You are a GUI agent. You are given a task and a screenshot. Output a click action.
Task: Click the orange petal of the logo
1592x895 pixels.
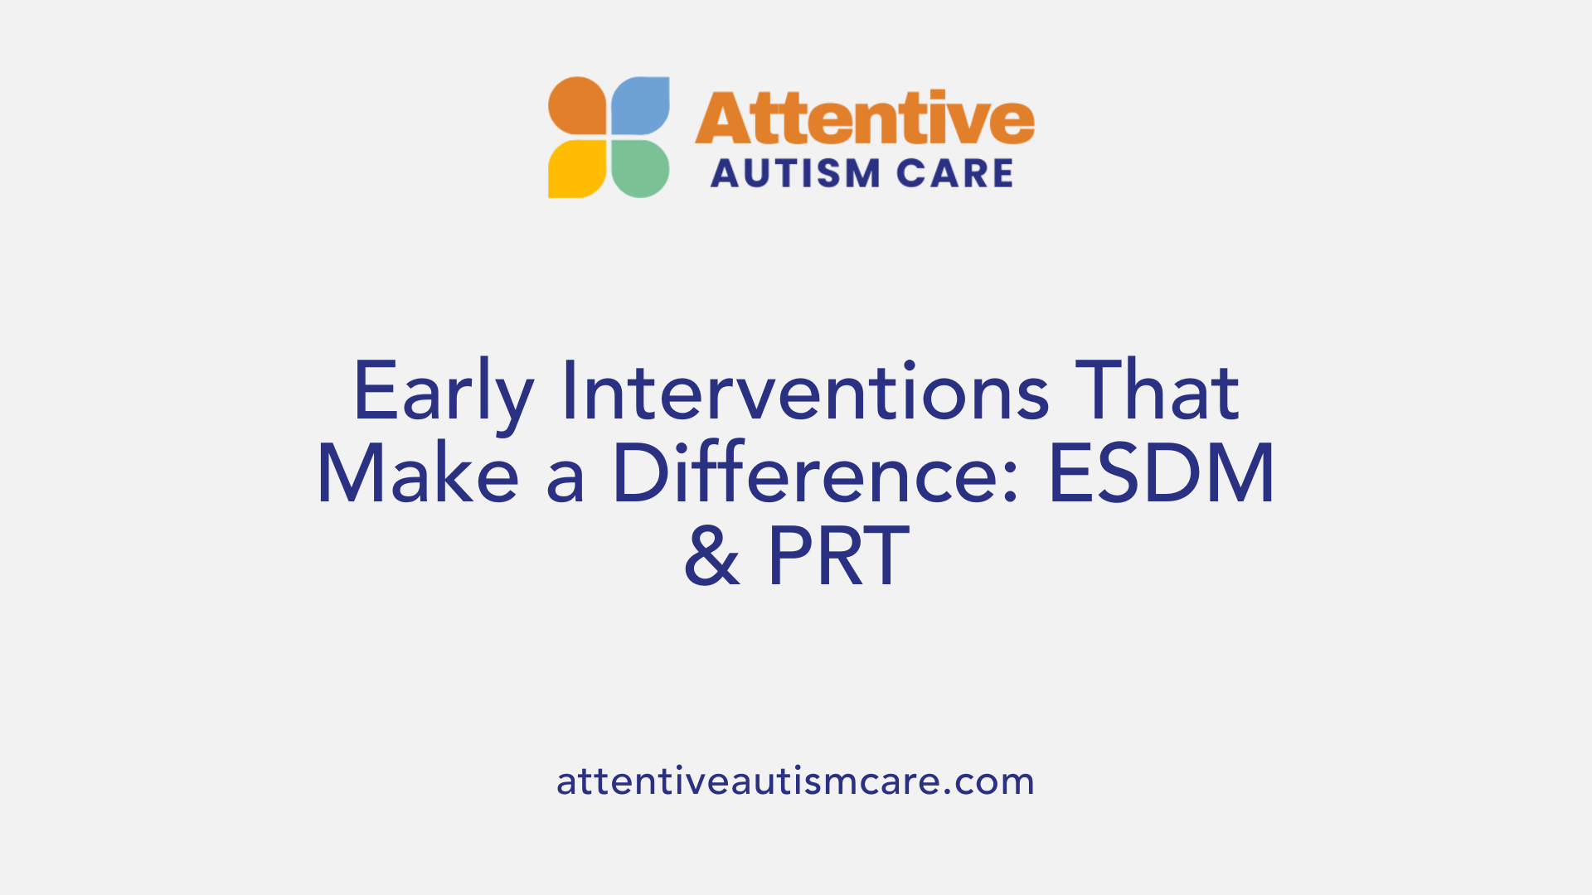[577, 106]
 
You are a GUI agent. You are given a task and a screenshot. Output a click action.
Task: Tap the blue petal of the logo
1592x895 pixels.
[640, 106]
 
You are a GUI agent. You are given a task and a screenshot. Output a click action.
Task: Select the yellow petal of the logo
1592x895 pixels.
[577, 169]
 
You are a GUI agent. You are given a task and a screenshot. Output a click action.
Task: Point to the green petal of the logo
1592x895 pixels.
[640, 169]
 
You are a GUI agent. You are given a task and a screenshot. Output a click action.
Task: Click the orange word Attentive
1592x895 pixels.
[864, 119]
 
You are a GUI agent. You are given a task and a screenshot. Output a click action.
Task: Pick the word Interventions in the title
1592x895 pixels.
[805, 391]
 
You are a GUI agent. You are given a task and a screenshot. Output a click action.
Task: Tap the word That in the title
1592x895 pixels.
[1157, 391]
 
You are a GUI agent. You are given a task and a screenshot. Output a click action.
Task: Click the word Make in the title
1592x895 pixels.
[418, 474]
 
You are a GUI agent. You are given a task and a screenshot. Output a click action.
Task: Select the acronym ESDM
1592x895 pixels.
[1162, 474]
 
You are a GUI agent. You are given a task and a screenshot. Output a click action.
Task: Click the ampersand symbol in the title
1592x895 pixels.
[711, 557]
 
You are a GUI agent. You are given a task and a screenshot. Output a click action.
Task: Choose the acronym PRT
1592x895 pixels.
[838, 557]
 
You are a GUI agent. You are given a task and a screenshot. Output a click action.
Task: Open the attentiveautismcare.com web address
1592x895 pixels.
[795, 781]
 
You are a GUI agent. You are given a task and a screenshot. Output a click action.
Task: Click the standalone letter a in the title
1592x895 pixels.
[565, 482]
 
